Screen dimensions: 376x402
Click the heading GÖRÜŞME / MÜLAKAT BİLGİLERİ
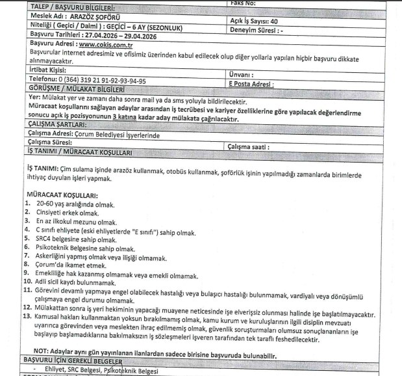(x=75, y=89)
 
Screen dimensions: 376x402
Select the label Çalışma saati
(x=257, y=146)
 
